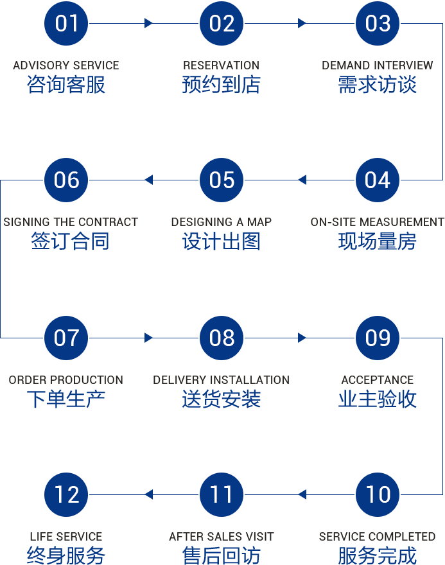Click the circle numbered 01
click(x=66, y=24)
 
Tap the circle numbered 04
click(x=378, y=180)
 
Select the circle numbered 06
click(x=66, y=180)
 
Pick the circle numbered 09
click(x=378, y=338)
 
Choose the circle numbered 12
click(x=66, y=494)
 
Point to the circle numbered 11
click(x=222, y=494)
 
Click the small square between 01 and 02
click(x=148, y=24)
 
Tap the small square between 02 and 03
click(x=302, y=24)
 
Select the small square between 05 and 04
click(x=302, y=180)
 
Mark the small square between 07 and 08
click(x=148, y=338)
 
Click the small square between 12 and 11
click(x=149, y=494)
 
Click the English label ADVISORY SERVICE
click(x=66, y=65)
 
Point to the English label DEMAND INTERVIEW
click(x=378, y=65)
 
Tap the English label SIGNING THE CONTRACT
click(x=71, y=222)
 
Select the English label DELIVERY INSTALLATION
click(x=222, y=380)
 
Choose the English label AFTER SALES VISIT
click(x=222, y=537)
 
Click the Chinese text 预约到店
click(x=222, y=85)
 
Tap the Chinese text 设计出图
click(x=222, y=241)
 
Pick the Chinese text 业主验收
click(x=378, y=399)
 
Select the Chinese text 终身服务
click(x=66, y=555)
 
